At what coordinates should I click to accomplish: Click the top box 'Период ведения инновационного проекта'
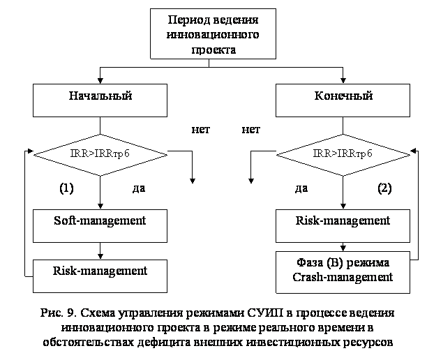coord(213,33)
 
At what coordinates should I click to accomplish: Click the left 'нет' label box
coord(200,129)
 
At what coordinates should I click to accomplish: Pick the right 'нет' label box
coord(250,129)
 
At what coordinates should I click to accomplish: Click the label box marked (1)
coord(67,188)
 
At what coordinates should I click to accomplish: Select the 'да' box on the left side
coord(142,188)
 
